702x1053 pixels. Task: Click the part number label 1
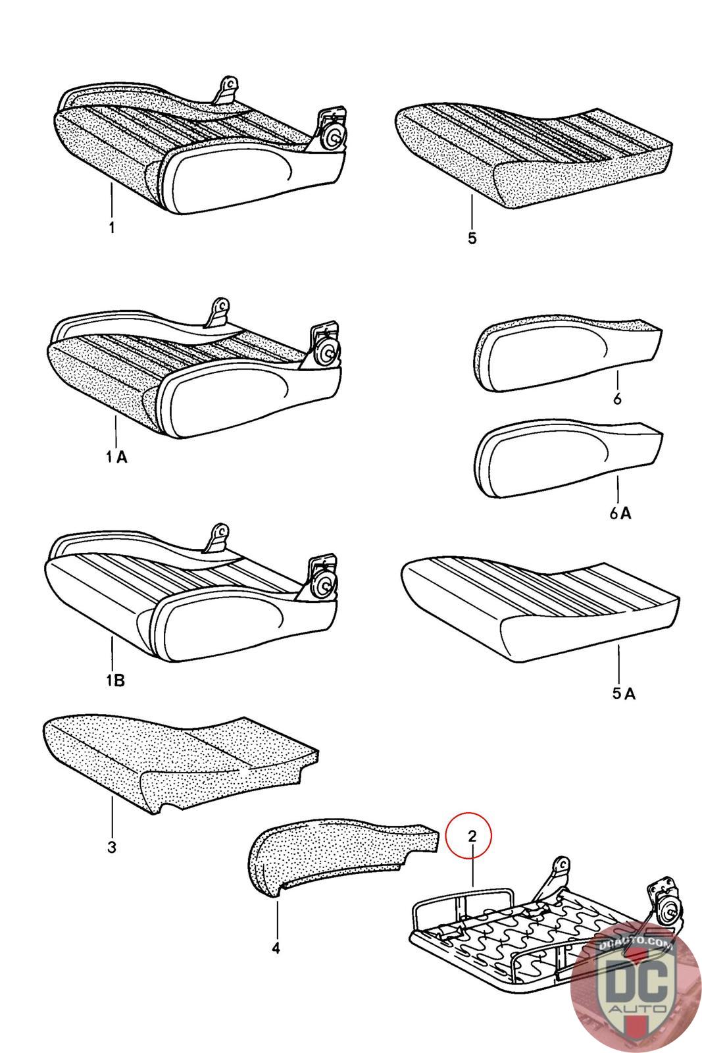click(x=112, y=228)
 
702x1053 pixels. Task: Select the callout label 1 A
click(x=116, y=456)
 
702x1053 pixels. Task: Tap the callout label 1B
click(x=115, y=680)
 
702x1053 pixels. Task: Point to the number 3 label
click(x=111, y=847)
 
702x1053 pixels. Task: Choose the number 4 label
click(x=276, y=948)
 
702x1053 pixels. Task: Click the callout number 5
click(x=472, y=238)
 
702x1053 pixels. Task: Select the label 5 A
click(x=624, y=694)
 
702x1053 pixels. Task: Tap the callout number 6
click(x=617, y=399)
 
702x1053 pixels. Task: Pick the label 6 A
click(x=620, y=513)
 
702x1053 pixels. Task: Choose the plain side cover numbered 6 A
click(x=568, y=460)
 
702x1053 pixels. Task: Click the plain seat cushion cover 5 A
click(x=540, y=606)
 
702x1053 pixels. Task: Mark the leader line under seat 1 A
click(x=115, y=431)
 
